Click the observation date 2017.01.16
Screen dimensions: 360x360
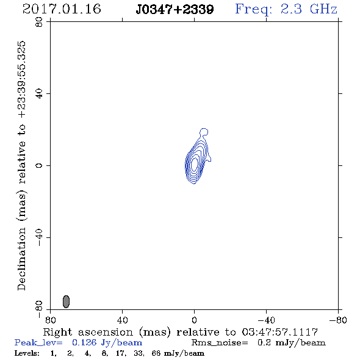(62, 9)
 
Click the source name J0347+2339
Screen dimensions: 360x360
(175, 9)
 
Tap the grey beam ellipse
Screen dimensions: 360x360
(66, 301)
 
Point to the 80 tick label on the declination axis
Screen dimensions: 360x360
(39, 22)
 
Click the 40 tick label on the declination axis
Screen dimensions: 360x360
(39, 94)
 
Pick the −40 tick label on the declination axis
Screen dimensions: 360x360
(39, 237)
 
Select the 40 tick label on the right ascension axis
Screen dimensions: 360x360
(122, 320)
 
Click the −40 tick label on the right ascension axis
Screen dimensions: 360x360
(266, 320)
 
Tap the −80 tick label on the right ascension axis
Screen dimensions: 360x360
(338, 320)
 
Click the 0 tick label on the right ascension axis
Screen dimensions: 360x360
(194, 320)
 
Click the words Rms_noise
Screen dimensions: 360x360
(220, 343)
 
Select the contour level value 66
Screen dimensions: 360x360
(156, 353)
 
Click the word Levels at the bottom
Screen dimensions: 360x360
(27, 353)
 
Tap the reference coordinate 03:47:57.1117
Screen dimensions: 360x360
(280, 332)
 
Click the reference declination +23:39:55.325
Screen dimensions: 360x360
(21, 80)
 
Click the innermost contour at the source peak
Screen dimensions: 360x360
(195, 164)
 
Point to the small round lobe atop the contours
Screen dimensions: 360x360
(204, 132)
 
